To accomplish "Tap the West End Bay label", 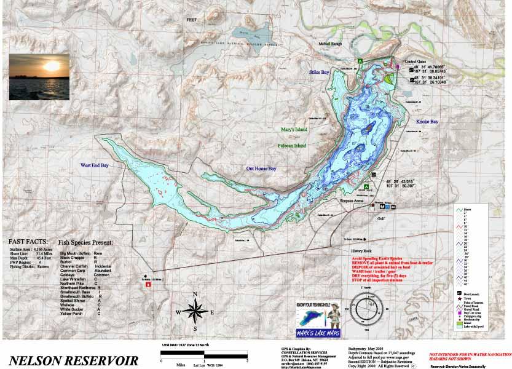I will coord(94,165).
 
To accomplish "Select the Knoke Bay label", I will coord(427,122).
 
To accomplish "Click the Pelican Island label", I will coord(291,146).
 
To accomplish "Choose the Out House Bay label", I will coord(261,169).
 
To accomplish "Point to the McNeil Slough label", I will coord(328,44).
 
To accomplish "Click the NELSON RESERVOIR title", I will coord(73,360).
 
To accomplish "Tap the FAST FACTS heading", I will coord(27,242).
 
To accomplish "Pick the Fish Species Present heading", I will coord(85,243).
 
